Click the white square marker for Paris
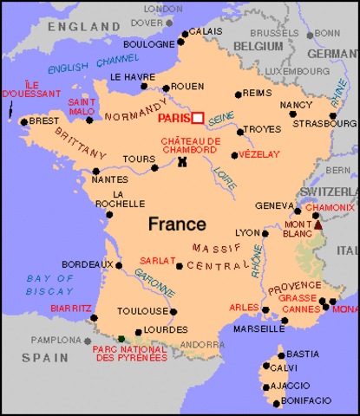point(198,118)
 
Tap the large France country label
point(177,224)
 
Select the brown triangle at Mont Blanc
point(317,224)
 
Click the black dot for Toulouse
point(173,312)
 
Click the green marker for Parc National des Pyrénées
point(122,338)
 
